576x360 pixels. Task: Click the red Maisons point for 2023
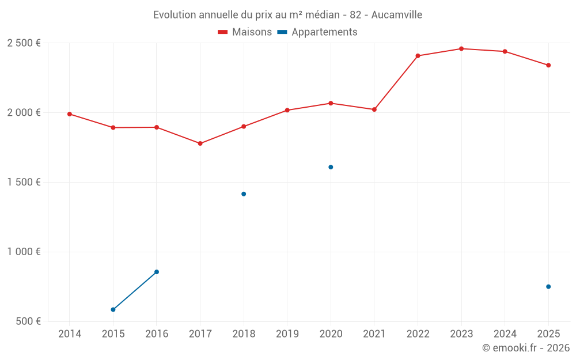click(461, 49)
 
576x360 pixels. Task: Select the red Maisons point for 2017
click(200, 143)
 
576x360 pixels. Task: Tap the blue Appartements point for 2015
click(113, 310)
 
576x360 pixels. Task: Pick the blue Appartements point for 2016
click(157, 272)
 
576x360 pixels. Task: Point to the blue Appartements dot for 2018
click(244, 194)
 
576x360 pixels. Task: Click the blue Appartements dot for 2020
click(331, 167)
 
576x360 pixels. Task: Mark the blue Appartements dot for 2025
click(548, 287)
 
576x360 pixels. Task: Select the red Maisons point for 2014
click(70, 114)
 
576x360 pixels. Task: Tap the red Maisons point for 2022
click(418, 56)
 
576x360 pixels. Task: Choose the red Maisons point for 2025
click(548, 65)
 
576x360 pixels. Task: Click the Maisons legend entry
click(245, 32)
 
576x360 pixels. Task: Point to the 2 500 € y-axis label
click(24, 43)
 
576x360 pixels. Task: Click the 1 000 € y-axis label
click(24, 252)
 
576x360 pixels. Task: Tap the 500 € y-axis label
click(28, 321)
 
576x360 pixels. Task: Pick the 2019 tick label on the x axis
click(287, 334)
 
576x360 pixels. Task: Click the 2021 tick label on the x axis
click(374, 334)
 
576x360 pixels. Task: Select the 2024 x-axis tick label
click(505, 334)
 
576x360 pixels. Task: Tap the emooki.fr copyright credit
click(525, 348)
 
